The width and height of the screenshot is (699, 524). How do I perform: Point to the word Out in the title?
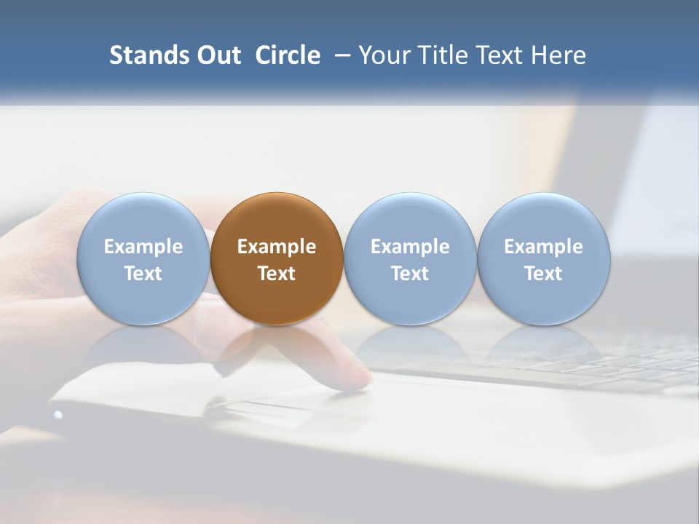tap(219, 55)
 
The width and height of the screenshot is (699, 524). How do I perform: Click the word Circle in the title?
tap(288, 55)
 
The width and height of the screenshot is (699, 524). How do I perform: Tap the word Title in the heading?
tap(446, 55)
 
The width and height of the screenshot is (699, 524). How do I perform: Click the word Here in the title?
tap(558, 55)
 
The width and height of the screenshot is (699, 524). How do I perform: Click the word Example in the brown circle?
tap(277, 247)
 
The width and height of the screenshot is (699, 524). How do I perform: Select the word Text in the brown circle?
tap(277, 274)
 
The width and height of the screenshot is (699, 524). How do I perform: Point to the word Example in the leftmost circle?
tap(143, 247)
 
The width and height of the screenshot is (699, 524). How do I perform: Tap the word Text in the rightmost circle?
tap(544, 274)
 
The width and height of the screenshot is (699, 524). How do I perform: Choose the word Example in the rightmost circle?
tap(544, 247)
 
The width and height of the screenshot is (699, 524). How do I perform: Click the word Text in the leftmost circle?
tap(143, 274)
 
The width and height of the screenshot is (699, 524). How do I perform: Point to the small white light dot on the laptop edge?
tap(58, 415)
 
